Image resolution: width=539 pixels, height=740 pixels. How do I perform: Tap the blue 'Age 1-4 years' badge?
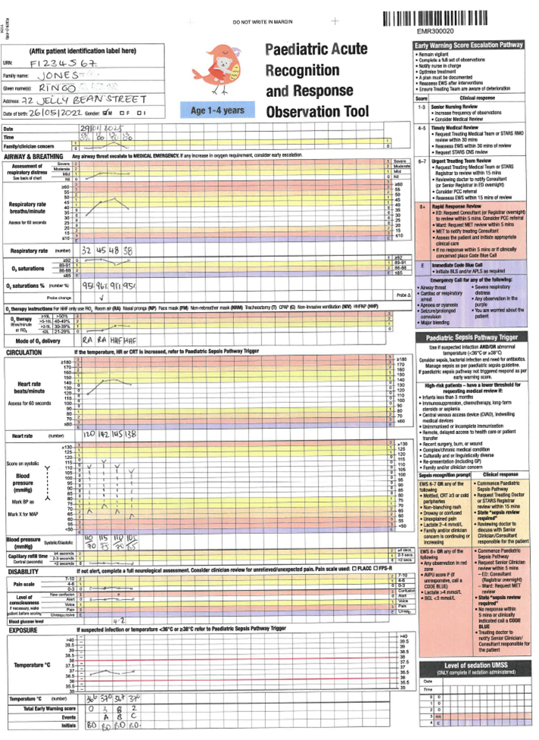tap(217, 111)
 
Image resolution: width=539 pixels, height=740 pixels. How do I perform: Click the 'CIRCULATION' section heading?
tap(23, 352)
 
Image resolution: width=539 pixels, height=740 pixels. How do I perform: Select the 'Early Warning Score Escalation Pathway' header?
tap(469, 45)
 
